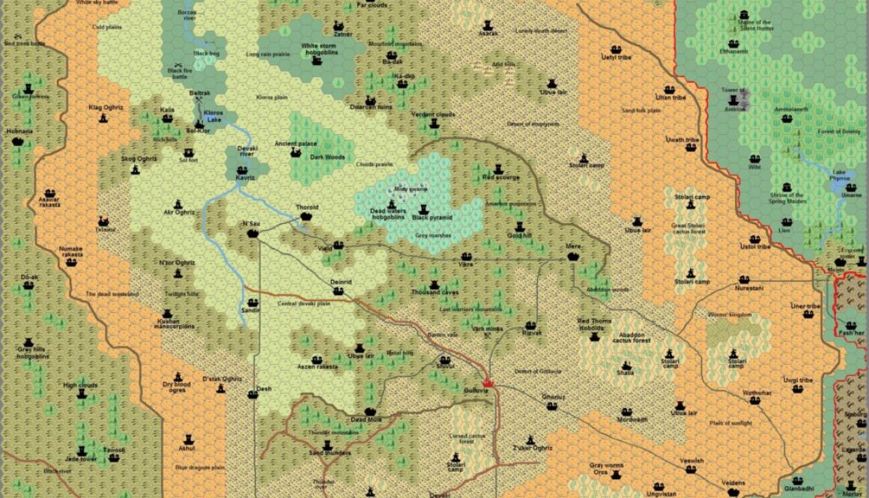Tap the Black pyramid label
[432, 218]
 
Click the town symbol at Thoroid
[306, 216]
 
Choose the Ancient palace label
[296, 143]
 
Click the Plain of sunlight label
[730, 423]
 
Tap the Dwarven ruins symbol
[370, 100]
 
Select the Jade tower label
[82, 458]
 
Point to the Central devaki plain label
[303, 303]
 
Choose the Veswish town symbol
[691, 469]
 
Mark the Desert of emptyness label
[534, 124]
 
